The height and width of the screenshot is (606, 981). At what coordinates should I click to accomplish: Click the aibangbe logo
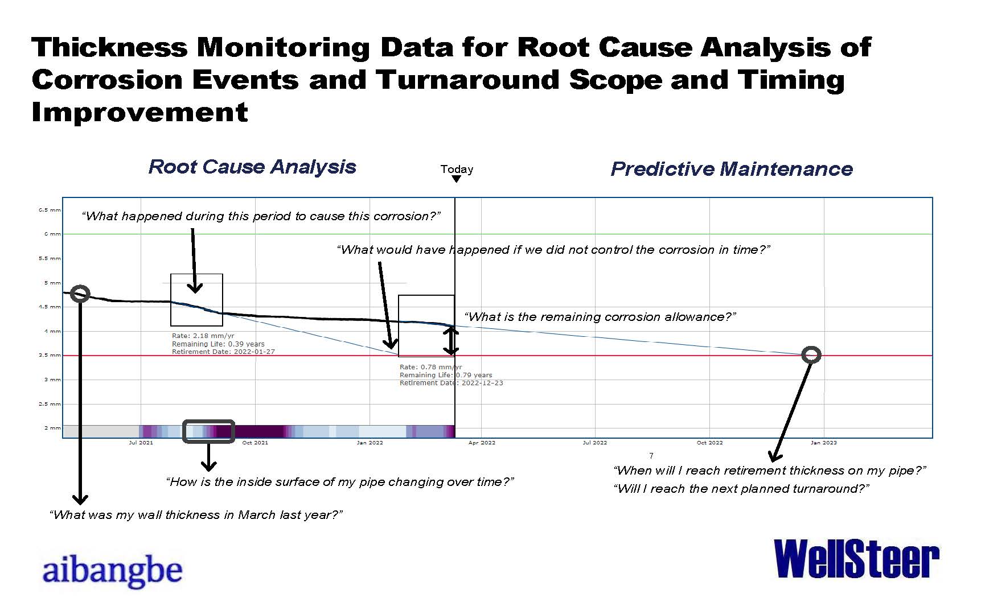[x=112, y=571]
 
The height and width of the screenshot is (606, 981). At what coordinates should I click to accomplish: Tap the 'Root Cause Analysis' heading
[x=252, y=167]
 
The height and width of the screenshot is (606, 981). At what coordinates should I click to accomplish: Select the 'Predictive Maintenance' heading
[x=732, y=169]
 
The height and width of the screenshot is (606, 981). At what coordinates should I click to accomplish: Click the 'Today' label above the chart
[x=457, y=169]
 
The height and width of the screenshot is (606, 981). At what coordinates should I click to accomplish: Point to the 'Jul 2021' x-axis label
[x=141, y=443]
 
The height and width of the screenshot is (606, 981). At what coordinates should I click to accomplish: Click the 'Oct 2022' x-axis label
[x=709, y=443]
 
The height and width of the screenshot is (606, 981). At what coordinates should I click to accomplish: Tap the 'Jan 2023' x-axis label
[x=823, y=443]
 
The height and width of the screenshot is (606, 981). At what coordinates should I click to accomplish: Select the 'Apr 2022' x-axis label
[x=482, y=443]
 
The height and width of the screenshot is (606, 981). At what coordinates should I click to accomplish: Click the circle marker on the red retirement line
[x=811, y=355]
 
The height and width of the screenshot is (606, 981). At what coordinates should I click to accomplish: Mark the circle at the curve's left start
[x=80, y=294]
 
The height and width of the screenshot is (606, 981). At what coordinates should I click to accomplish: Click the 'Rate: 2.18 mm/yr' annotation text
[x=203, y=336]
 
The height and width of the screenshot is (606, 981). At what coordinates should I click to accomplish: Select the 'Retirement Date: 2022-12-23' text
[x=451, y=383]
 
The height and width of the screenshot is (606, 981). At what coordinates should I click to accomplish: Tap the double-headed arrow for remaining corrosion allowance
[x=451, y=341]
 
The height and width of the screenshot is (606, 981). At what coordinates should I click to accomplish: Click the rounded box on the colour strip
[x=208, y=431]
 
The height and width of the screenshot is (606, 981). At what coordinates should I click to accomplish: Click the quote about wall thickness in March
[x=196, y=515]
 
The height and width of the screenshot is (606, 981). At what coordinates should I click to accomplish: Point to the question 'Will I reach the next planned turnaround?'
[x=741, y=489]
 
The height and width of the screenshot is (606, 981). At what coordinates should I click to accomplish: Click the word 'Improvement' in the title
[x=140, y=112]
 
